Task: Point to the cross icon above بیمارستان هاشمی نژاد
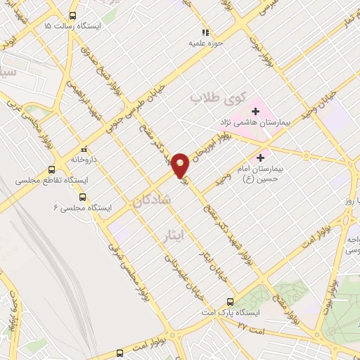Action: (255, 110)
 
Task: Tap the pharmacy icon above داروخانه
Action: (84, 149)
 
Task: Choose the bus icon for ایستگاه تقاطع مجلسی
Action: (51, 169)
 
